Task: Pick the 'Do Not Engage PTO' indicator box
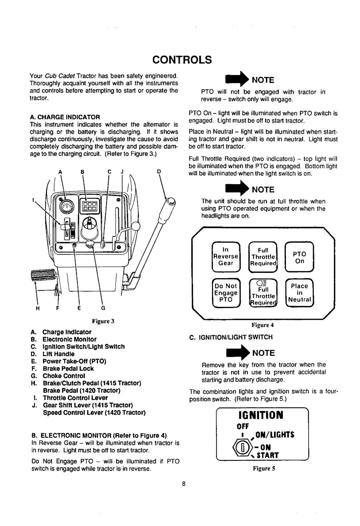click(x=225, y=292)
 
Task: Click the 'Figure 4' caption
click(x=263, y=324)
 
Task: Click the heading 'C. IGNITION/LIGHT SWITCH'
click(x=231, y=337)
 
